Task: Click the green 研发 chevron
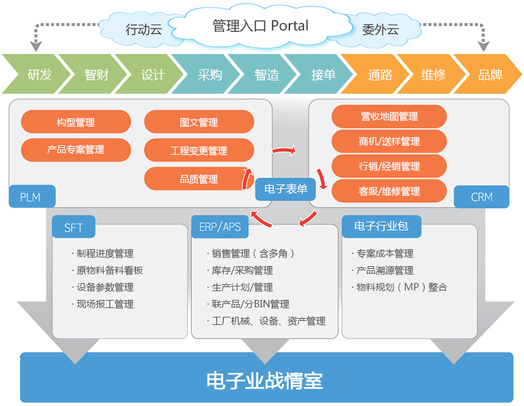point(39,74)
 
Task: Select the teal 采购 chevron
point(210,74)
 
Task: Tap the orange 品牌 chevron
point(490,74)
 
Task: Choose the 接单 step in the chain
point(323,74)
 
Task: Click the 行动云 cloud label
point(144,30)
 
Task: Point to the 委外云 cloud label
point(380,30)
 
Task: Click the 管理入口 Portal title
point(260,26)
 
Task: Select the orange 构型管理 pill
point(76,122)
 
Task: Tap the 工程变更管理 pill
point(199,151)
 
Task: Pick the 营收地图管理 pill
point(389,116)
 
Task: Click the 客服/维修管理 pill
point(389,191)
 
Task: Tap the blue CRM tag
point(481,197)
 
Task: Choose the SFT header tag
point(74,227)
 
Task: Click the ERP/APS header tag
point(220,227)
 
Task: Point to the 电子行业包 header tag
point(381,226)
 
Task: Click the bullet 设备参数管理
point(105,287)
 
